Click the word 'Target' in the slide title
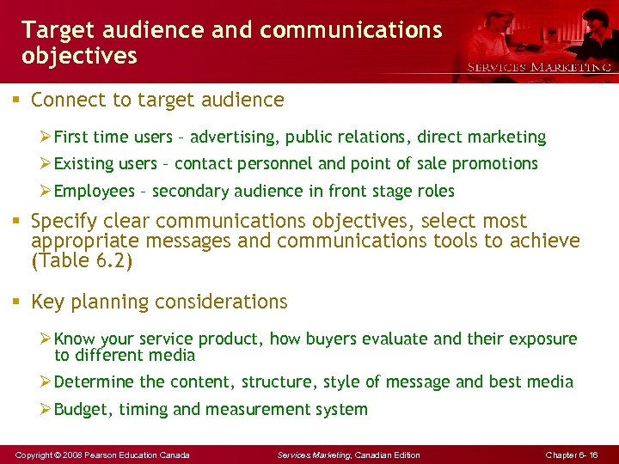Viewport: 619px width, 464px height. [52, 30]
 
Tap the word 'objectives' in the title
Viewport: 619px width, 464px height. [79, 57]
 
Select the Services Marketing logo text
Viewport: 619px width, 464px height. [539, 67]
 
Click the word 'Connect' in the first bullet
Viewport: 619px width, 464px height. [65, 100]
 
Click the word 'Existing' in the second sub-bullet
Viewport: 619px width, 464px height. [86, 163]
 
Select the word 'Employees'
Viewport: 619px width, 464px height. [94, 191]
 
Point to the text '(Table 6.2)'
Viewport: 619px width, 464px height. [82, 261]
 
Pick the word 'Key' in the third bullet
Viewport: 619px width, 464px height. [47, 302]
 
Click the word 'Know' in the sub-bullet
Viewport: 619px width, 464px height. [75, 339]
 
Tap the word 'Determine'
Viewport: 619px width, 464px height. [94, 382]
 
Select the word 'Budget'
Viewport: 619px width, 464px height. [83, 409]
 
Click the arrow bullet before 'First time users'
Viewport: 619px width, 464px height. [46, 137]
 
